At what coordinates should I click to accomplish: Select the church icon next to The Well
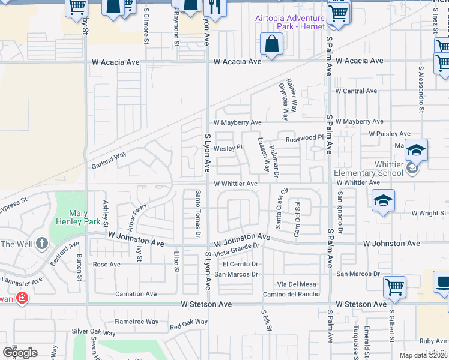41,244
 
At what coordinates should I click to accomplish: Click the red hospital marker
22,297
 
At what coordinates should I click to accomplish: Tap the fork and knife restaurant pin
212,7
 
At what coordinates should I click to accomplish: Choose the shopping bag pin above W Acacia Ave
271,44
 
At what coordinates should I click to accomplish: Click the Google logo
20,352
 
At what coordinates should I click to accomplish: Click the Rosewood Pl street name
304,138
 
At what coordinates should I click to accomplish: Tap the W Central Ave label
356,91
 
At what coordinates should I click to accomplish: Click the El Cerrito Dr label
240,264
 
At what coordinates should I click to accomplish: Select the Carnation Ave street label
136,294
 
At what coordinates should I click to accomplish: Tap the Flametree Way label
137,322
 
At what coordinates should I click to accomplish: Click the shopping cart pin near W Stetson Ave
394,287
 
